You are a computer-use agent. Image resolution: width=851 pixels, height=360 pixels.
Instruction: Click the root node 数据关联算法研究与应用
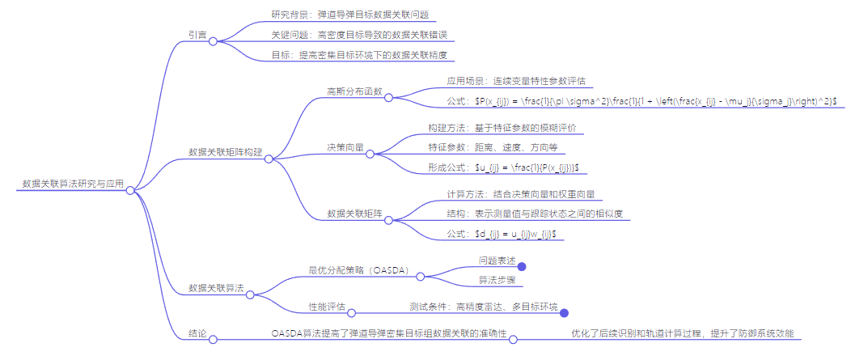pos(73,184)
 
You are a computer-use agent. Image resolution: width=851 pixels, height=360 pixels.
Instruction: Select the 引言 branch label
pos(197,35)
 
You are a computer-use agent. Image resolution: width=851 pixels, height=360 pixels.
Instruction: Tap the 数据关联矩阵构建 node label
pos(225,152)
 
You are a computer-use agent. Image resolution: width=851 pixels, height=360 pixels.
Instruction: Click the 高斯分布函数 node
pos(354,91)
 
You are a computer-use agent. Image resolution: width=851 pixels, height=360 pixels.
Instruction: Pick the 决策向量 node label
pos(345,147)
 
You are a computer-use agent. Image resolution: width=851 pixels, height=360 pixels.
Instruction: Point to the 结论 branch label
pos(197,332)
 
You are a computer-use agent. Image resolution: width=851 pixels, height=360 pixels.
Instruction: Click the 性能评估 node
pos(328,307)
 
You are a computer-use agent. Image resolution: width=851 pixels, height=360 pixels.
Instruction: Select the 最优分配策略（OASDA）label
pos(359,269)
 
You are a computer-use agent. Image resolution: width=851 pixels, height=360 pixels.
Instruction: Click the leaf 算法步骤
pos(497,280)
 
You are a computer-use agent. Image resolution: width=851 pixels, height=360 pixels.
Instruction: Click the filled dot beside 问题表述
pos(522,266)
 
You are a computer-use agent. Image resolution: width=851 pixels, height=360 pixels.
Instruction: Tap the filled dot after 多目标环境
pos(565,313)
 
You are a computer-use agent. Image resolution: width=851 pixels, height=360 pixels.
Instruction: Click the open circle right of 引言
pos(213,41)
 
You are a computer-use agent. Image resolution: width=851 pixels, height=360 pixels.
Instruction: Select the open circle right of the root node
pos(129,190)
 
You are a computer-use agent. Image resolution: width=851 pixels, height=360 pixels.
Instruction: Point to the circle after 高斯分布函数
pos(388,98)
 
